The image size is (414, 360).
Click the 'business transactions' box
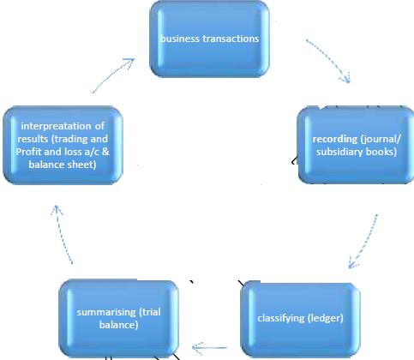(209, 39)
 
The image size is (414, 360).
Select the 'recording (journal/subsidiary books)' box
(356, 145)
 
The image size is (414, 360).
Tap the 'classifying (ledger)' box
(300, 319)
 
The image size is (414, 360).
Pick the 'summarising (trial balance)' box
(118, 319)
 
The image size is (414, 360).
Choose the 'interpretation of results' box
(63, 145)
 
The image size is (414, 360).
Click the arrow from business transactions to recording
(332, 58)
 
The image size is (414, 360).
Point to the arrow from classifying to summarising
(209, 348)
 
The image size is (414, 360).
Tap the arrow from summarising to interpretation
(61, 233)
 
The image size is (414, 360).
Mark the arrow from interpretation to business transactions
(113, 75)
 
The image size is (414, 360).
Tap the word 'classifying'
(281, 318)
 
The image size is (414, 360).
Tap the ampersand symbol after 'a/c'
(105, 152)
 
